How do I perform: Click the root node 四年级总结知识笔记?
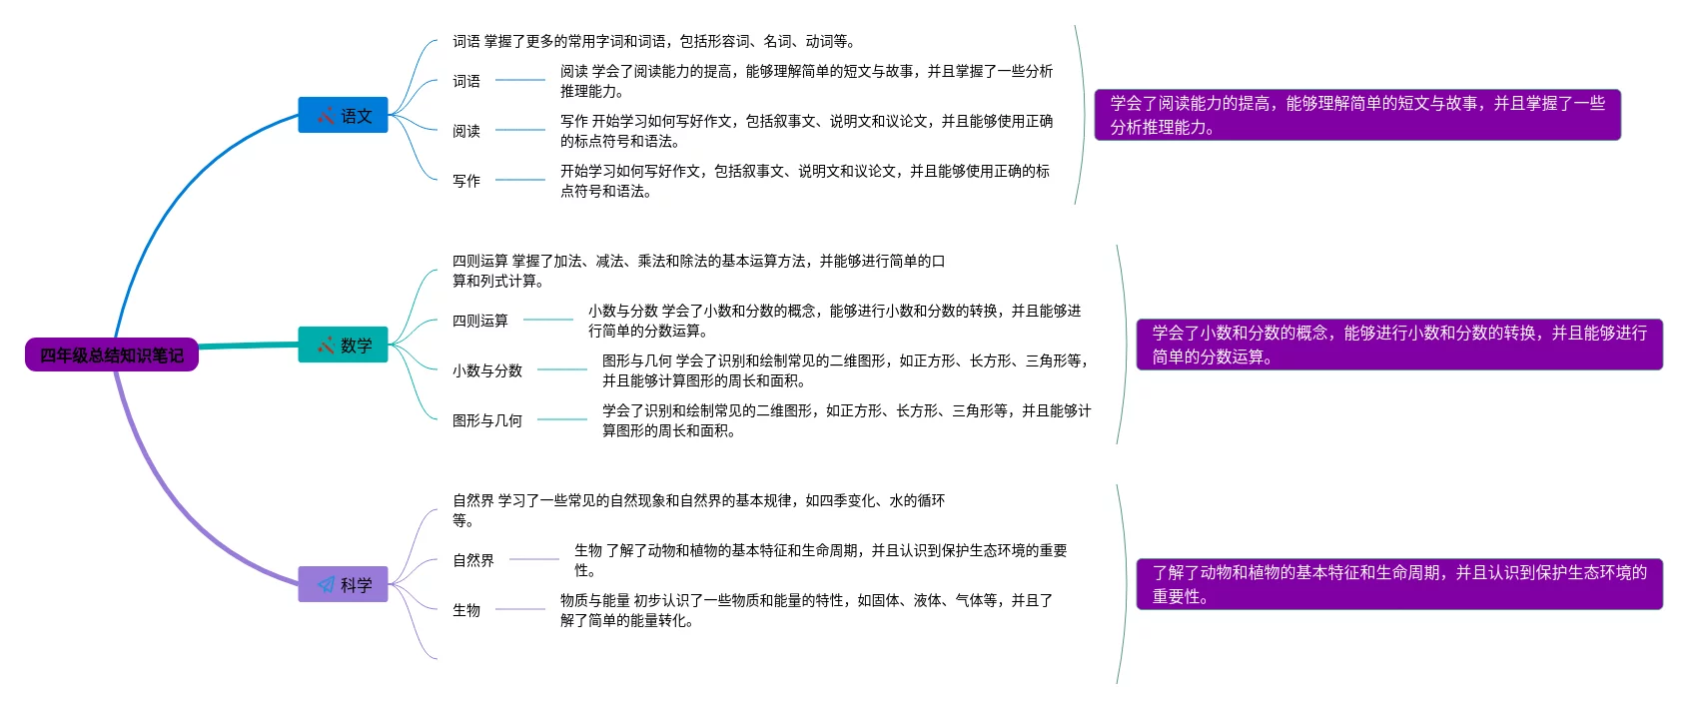pos(112,354)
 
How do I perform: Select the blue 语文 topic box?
pos(343,115)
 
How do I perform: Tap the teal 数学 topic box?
pos(343,345)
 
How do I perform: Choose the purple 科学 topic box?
pos(343,584)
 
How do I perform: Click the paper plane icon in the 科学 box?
pos(326,584)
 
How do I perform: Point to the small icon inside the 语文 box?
pos(326,116)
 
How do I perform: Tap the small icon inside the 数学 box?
pos(326,346)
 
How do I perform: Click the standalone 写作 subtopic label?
pos(466,181)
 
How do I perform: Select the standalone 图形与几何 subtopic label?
pos(487,420)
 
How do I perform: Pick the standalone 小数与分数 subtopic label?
pos(487,370)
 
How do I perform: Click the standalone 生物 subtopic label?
pos(466,610)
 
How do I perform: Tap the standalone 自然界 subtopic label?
pos(473,560)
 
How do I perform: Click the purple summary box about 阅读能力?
pos(1357,115)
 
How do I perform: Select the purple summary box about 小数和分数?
pos(1399,345)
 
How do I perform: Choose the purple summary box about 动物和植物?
pos(1399,584)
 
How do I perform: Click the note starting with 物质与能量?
pos(806,610)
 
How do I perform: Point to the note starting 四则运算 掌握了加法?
pos(698,271)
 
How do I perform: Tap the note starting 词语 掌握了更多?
pos(653,41)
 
